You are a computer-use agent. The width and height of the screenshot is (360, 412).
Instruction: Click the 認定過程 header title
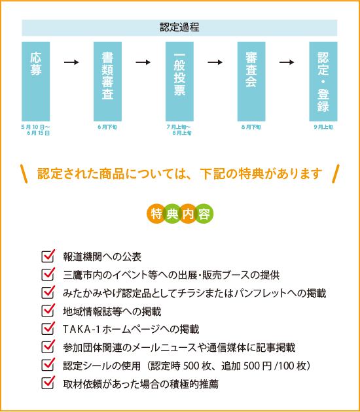tap(179, 27)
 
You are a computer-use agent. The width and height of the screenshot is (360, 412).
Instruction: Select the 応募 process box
tap(36, 82)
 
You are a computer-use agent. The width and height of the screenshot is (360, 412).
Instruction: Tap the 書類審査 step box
tap(107, 82)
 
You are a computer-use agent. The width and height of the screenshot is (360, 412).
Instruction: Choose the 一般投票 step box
tap(179, 82)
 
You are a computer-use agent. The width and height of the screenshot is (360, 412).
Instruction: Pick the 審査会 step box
tap(251, 82)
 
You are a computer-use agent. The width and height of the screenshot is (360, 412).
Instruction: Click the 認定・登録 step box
tap(323, 82)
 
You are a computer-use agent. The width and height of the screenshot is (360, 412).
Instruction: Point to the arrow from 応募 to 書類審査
tap(71, 62)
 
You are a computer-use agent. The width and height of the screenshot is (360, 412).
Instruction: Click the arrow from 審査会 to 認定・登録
tap(287, 62)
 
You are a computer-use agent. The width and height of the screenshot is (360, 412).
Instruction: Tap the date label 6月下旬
tap(107, 127)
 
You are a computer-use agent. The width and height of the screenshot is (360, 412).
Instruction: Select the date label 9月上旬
tap(323, 127)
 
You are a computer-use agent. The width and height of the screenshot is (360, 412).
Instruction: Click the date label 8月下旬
tap(251, 127)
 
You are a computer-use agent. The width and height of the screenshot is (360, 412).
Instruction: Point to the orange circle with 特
tap(156, 214)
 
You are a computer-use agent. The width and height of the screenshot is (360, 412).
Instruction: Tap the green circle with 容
tap(204, 214)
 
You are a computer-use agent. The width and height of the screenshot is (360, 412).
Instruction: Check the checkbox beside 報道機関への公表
tap(48, 256)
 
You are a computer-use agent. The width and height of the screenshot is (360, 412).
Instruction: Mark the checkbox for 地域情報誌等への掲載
tap(48, 311)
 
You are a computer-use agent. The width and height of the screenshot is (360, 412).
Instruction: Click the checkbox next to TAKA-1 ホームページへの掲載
tap(48, 328)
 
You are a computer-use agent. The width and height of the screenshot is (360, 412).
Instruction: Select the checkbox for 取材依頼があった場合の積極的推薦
tap(48, 383)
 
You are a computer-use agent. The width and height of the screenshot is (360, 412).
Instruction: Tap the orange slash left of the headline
tap(24, 174)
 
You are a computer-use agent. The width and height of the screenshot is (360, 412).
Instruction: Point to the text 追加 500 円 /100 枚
tap(264, 366)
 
